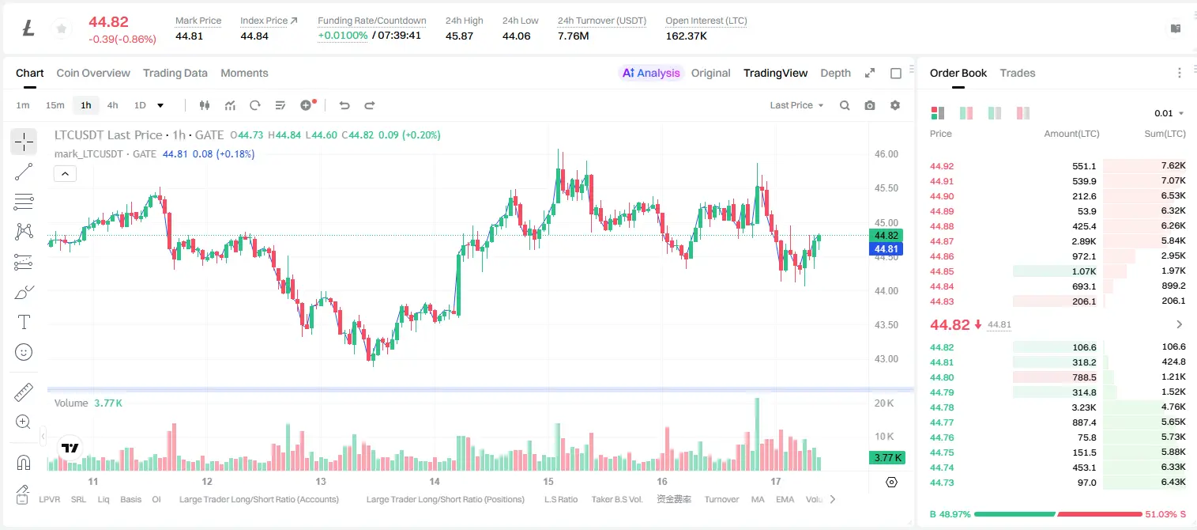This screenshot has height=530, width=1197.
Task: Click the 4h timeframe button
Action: (112, 105)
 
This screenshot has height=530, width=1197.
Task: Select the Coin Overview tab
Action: (93, 73)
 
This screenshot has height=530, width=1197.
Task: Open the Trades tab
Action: (1018, 73)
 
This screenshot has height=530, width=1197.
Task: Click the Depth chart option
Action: (835, 73)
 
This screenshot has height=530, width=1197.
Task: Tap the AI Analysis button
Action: (651, 73)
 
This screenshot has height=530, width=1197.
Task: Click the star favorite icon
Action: (62, 28)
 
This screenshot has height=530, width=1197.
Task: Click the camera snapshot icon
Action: (870, 105)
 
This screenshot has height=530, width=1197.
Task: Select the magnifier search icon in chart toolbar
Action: (845, 105)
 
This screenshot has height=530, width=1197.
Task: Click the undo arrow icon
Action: (344, 105)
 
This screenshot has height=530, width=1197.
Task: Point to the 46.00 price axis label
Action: (886, 154)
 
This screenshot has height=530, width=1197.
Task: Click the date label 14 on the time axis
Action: (435, 481)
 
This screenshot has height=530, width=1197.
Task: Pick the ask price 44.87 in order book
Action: (942, 241)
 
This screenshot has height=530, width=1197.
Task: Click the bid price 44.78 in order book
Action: (942, 407)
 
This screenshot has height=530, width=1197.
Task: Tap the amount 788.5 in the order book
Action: (1084, 377)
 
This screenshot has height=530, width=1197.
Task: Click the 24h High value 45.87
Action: (459, 36)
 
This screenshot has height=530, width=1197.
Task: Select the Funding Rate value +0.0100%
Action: (343, 36)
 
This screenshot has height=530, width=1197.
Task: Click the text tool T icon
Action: (24, 322)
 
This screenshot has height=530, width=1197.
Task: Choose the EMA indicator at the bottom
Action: (785, 499)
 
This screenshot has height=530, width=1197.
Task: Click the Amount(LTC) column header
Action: (1071, 133)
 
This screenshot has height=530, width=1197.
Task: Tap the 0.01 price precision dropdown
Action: (1169, 113)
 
